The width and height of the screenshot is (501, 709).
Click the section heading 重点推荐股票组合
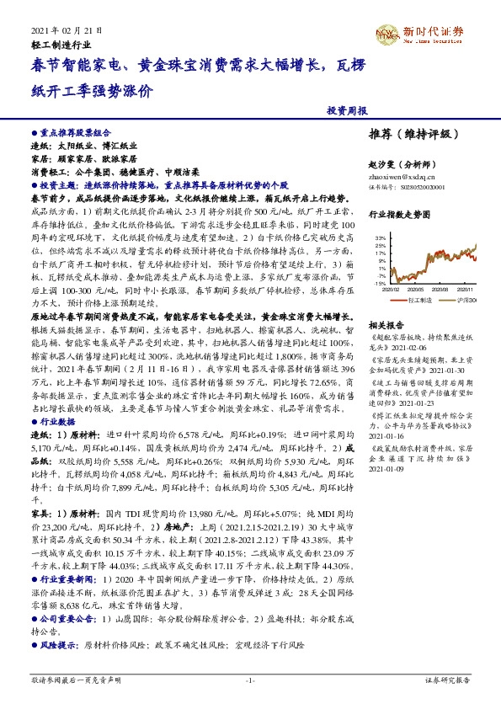[x=75, y=133]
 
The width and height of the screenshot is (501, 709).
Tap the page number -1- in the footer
[x=249, y=679]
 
